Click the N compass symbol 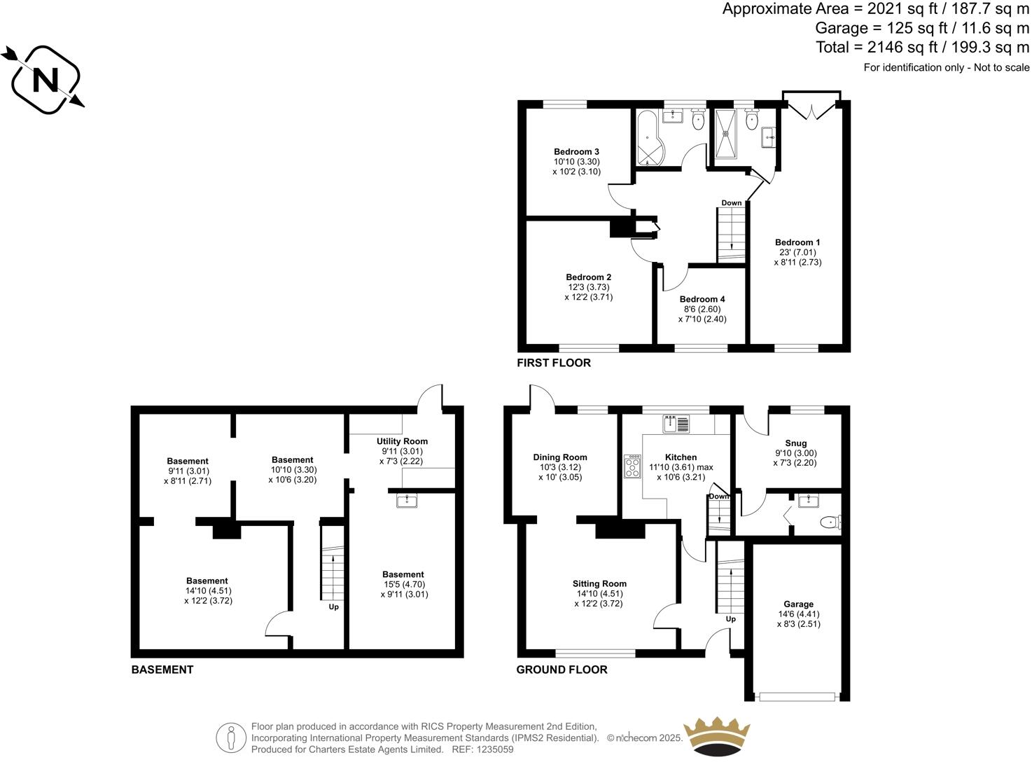tap(46, 80)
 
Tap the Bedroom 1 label tap(797, 242)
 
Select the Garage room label tap(798, 604)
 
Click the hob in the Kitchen tap(633, 466)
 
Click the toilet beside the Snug tap(831, 522)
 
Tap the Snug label tap(795, 443)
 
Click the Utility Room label tap(402, 441)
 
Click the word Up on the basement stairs tap(334, 607)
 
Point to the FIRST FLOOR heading tap(553, 363)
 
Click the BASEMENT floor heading tap(162, 670)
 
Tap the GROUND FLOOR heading tap(562, 670)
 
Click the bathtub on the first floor tap(649, 139)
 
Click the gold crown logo tap(716, 737)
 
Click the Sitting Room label tap(599, 583)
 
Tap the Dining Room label tap(559, 457)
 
